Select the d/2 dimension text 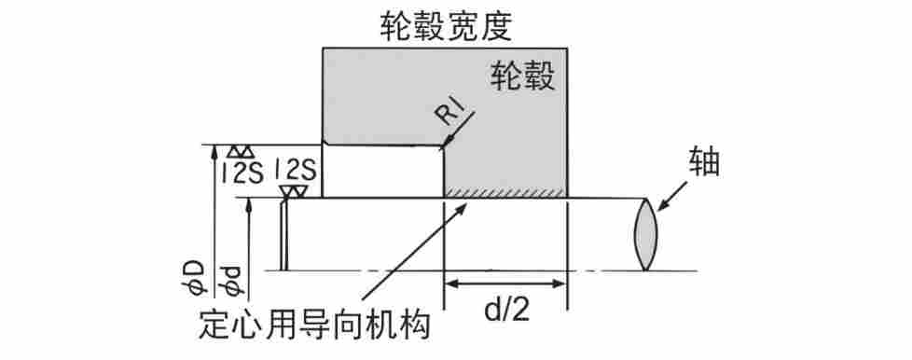point(505,311)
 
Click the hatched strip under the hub point(504,192)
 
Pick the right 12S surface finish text point(296,170)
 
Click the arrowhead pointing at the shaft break point(662,206)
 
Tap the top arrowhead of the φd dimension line point(248,204)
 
